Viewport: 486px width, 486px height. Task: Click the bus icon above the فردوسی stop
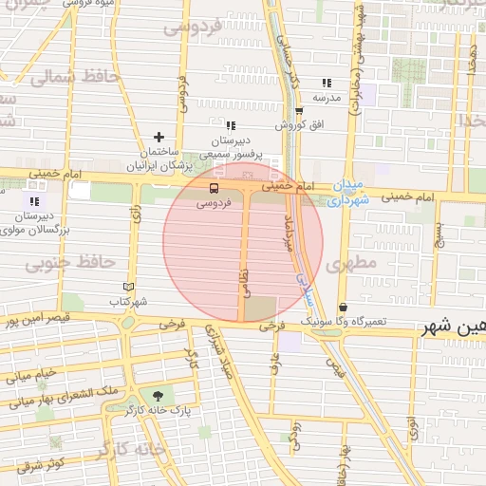tap(213, 188)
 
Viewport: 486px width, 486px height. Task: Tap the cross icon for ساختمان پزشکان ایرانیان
tap(159, 138)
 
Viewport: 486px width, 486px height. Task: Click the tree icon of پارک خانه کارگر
tap(156, 394)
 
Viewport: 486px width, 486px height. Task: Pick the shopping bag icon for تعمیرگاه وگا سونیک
tap(343, 308)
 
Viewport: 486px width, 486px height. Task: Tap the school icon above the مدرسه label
tap(327, 84)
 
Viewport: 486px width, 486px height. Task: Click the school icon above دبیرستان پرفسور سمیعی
tap(230, 125)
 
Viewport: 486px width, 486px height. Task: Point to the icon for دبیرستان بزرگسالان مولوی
tap(35, 201)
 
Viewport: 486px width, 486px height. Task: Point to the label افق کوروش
tap(301, 125)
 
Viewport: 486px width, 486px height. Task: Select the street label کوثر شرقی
tap(40, 464)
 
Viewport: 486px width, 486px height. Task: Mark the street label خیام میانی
tap(32, 376)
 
